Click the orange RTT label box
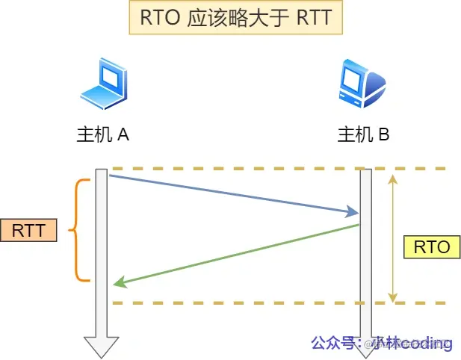pos(28,230)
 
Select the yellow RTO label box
pos(431,246)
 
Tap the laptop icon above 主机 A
pos(102,83)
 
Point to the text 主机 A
pos(103,134)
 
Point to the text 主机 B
pos(363,134)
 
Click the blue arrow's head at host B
pos(356,213)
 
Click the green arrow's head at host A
pos(117,283)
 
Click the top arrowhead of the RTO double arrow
pos(394,177)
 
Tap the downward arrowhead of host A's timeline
pos(101,347)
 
